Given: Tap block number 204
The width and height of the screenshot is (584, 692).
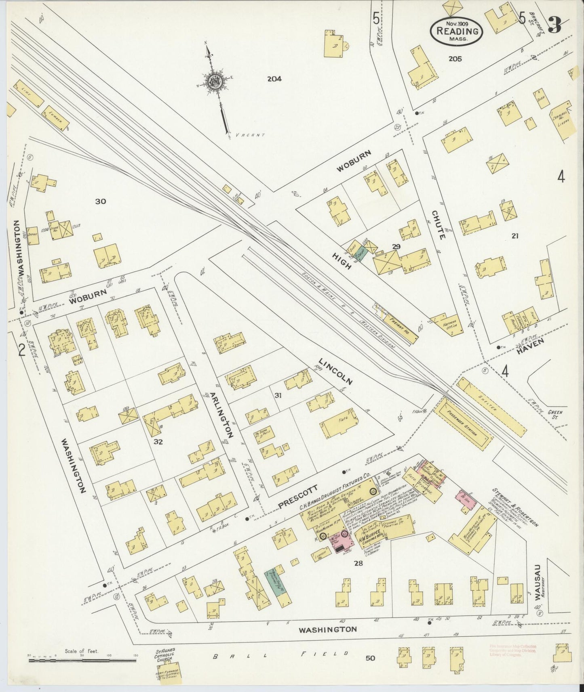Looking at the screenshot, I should point(274,79).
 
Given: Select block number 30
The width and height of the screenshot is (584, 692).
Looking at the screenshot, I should point(100,201).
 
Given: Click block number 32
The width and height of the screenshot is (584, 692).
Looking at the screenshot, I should point(158,442).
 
